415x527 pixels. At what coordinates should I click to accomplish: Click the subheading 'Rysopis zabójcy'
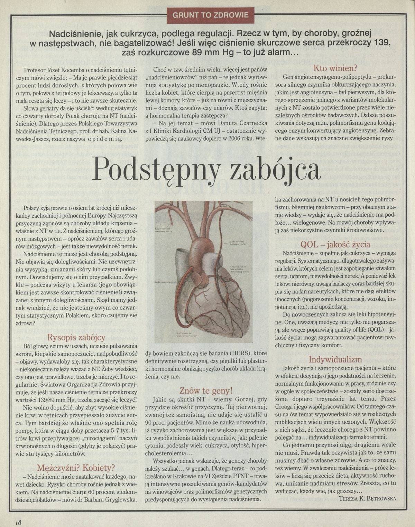tap(76, 337)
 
